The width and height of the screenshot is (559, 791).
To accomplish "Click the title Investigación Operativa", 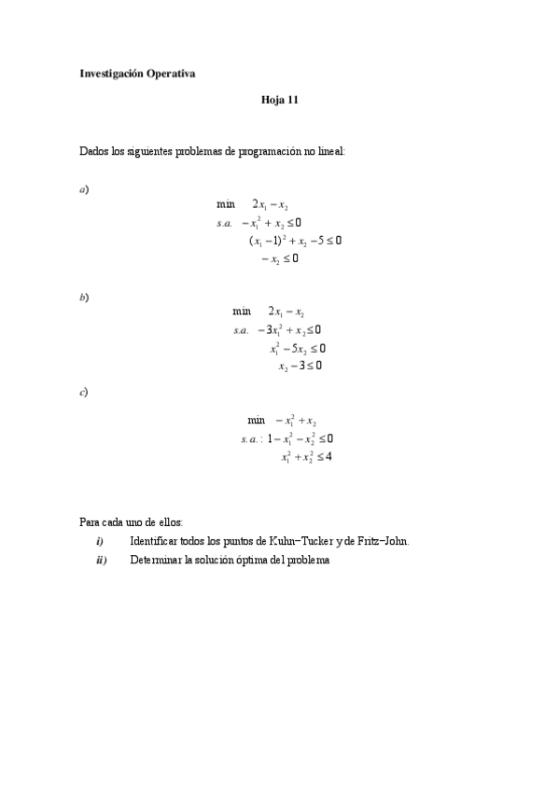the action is click(x=137, y=75).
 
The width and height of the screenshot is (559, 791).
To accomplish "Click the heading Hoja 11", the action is click(x=279, y=100).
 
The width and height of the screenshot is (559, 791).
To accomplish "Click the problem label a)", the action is click(x=84, y=189).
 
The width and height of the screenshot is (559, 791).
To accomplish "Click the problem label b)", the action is click(x=84, y=297).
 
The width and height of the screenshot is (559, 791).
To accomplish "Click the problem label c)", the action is click(x=84, y=392).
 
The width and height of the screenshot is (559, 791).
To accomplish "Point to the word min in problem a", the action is click(x=226, y=204).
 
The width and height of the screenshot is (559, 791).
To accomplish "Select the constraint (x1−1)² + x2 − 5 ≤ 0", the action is click(x=295, y=241).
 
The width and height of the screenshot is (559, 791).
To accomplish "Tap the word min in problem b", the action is click(x=242, y=312).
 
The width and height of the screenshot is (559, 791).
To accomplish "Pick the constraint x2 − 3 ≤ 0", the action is click(x=300, y=366).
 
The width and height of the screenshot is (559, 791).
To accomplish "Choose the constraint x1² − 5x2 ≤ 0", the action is click(x=297, y=348).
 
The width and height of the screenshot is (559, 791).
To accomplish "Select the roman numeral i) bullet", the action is click(x=99, y=541).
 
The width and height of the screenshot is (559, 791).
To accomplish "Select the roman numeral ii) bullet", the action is click(x=101, y=560).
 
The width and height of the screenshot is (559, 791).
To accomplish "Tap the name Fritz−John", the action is click(x=382, y=541).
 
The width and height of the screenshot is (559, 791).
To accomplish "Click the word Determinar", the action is click(x=159, y=560).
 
